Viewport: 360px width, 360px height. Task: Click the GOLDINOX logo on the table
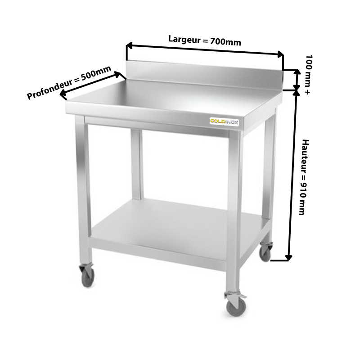tap(224, 121)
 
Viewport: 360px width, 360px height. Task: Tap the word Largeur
tap(184, 39)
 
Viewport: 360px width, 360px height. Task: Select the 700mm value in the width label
tap(226, 42)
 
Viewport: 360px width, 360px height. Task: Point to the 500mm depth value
tap(96, 72)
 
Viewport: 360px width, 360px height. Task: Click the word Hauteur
tap(305, 156)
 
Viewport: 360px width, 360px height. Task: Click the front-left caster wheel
tap(87, 278)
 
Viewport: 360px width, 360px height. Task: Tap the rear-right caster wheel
tap(265, 253)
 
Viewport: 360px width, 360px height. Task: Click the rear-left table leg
tap(137, 164)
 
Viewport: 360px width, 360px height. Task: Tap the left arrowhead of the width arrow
tap(129, 45)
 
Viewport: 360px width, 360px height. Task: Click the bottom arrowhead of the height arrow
tap(288, 257)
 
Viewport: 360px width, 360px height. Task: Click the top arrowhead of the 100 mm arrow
tap(297, 72)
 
